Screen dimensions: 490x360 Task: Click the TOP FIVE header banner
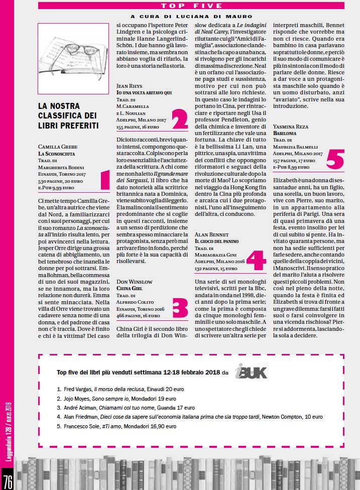pyautogui.click(x=191, y=6)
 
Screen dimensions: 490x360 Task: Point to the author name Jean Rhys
pyautogui.click(x=130, y=86)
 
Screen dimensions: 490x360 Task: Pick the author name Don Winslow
pyautogui.click(x=134, y=282)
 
